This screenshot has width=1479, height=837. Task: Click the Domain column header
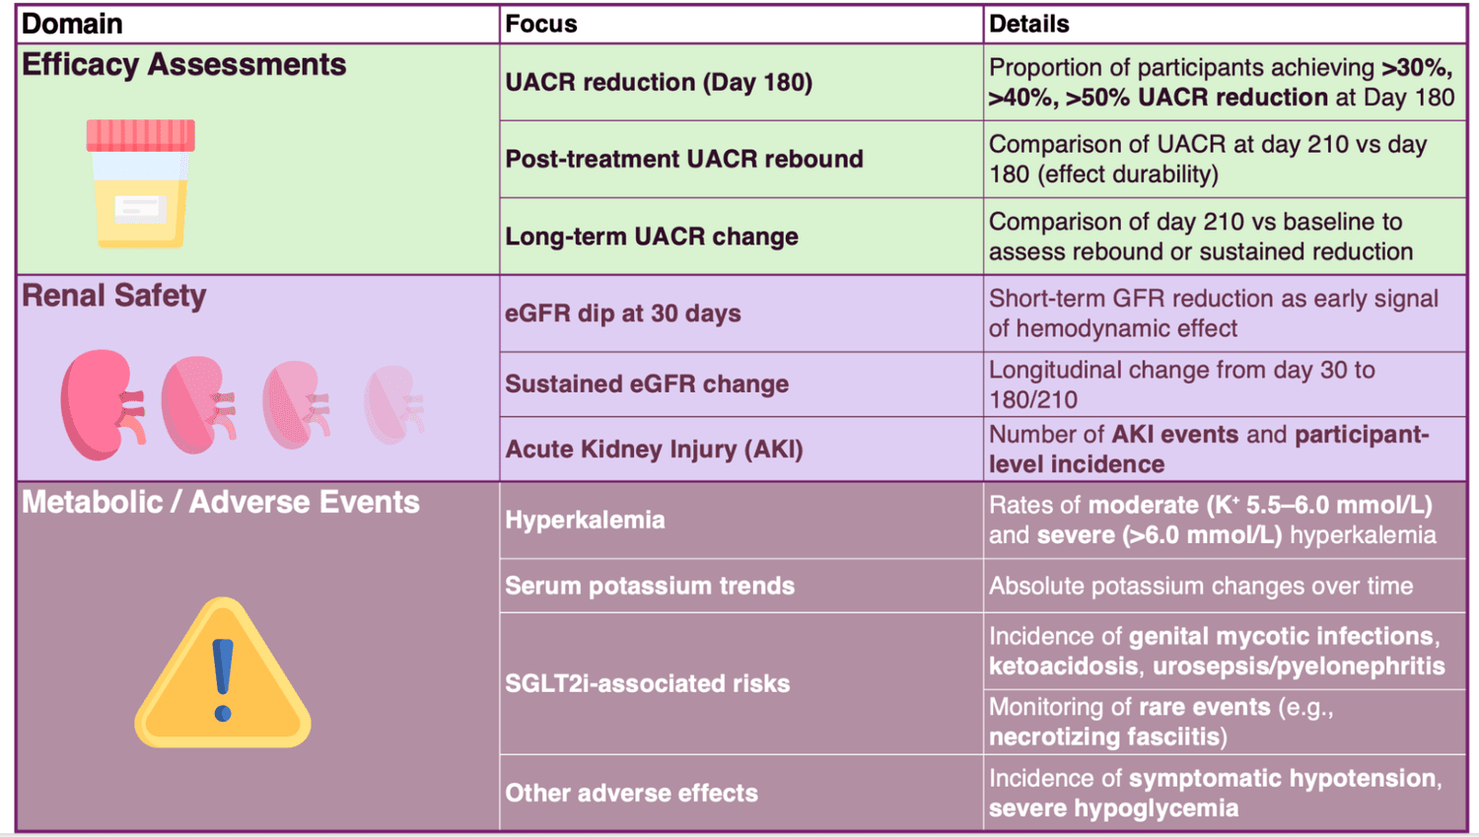(72, 24)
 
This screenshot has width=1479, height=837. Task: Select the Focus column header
(541, 24)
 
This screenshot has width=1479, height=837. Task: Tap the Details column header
(1028, 24)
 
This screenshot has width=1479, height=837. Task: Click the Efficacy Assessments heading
(184, 65)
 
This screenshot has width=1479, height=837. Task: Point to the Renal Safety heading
(114, 296)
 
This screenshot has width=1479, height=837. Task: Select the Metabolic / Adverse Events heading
(221, 503)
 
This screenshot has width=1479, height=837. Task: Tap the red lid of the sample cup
(140, 135)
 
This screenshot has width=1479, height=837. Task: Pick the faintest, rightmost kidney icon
(394, 404)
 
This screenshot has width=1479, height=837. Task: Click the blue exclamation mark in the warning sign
(223, 678)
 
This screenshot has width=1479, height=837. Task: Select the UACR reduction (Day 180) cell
(659, 82)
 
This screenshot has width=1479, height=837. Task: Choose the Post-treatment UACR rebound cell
(684, 159)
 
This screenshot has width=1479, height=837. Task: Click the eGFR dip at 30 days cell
(623, 314)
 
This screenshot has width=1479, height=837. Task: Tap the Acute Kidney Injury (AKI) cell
(654, 450)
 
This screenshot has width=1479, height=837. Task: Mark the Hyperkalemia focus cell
(585, 520)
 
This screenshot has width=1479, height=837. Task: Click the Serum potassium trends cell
(650, 586)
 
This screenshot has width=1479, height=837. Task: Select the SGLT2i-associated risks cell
(647, 683)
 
